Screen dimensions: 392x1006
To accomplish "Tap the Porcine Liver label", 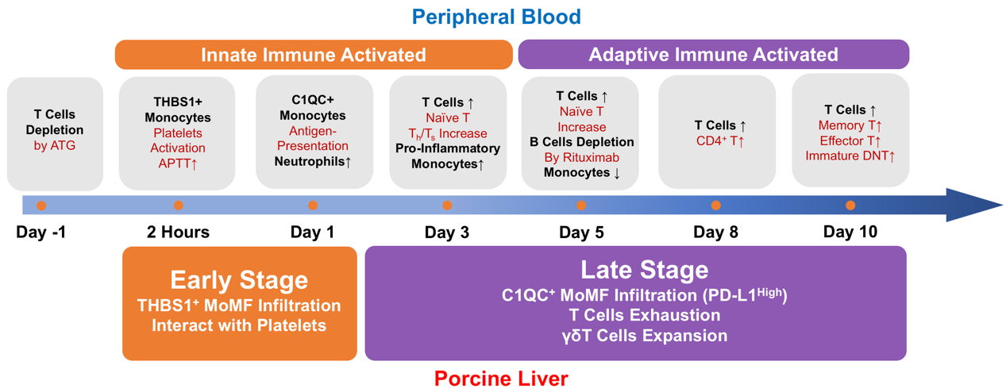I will click(501, 379).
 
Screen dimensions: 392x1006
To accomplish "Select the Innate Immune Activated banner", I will click(314, 55).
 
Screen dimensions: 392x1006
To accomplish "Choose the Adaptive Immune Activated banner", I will click(713, 55).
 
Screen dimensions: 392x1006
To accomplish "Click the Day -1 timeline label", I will click(42, 232).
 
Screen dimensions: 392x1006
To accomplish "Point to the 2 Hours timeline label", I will click(178, 232).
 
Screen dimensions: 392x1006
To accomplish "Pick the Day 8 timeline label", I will click(715, 232).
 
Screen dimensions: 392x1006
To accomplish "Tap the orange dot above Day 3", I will click(447, 206).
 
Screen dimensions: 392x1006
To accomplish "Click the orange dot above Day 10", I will click(850, 206).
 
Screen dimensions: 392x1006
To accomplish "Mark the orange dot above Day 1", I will click(313, 206).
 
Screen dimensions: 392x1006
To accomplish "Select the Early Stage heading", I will click(239, 280).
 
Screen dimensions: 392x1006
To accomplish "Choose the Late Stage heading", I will click(644, 270).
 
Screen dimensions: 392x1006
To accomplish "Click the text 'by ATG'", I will click(55, 145).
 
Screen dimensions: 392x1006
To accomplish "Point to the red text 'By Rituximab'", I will click(582, 157).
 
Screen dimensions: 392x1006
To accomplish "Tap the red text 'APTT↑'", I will click(178, 163).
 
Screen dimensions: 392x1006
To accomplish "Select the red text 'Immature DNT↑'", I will click(850, 156).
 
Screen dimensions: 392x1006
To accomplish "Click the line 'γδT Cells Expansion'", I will click(644, 335).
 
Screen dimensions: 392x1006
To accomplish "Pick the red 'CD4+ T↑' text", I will click(720, 142).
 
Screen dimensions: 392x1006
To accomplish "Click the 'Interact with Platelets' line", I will click(239, 326).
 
